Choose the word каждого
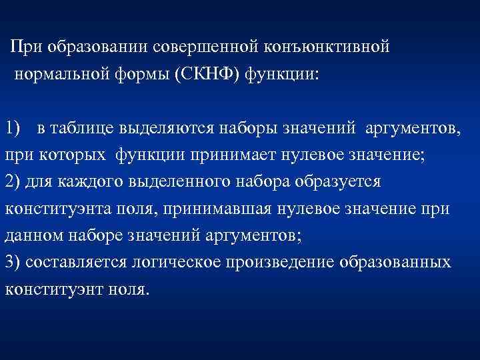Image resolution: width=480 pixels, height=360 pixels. coord(78,182)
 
